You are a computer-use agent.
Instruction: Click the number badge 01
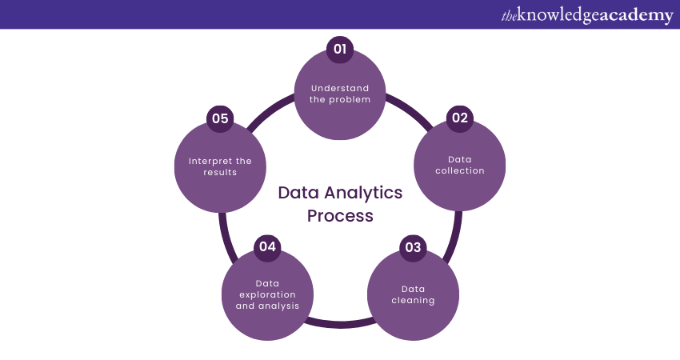coord(340,50)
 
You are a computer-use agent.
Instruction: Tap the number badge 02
coord(459,118)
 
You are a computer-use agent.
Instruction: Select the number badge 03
coord(413,247)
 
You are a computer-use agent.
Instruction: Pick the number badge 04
coord(267,246)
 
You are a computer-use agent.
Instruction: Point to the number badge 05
coord(220,118)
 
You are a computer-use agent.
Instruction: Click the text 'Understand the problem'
coord(340,94)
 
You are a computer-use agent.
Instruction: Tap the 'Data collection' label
coord(459,164)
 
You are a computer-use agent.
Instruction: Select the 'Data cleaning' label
coord(413,294)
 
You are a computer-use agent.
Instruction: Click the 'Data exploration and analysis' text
coord(267,294)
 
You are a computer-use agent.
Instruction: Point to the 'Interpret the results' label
coord(220,166)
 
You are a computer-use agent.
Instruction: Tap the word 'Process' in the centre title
coord(340,216)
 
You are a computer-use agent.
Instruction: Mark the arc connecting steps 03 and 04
coord(340,324)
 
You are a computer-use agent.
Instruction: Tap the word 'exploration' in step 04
coord(267,294)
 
